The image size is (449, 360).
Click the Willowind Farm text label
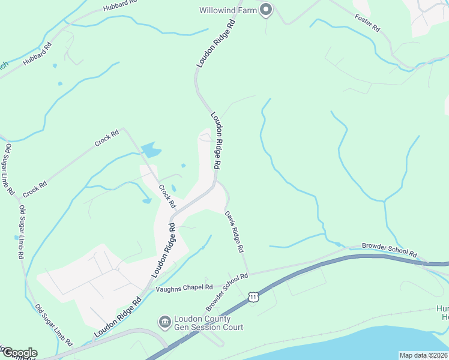point(228,10)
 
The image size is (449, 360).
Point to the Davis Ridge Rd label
point(235,231)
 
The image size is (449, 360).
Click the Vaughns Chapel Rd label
point(184,288)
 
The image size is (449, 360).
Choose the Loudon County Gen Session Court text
point(208,323)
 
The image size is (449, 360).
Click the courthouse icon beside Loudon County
point(164,322)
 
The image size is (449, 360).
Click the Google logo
point(19,353)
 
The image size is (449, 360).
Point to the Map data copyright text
point(423,355)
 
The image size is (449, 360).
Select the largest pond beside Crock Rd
point(151,149)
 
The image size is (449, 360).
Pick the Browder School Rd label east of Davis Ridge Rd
point(389,250)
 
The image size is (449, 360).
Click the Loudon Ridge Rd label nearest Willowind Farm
point(214,45)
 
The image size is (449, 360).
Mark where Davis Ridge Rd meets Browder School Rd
point(249,273)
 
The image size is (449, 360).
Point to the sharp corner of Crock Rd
point(122,128)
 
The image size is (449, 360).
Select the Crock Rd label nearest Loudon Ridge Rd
point(166,196)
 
